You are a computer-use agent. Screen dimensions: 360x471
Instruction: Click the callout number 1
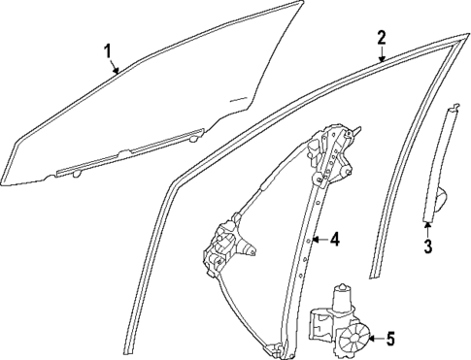tap(108, 49)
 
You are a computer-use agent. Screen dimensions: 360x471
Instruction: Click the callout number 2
tap(382, 39)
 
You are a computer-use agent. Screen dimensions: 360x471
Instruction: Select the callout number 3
tap(427, 245)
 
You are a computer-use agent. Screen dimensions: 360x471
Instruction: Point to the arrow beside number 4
tap(318, 239)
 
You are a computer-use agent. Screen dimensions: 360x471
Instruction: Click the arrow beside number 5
tap(375, 339)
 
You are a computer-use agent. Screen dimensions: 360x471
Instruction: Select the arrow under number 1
tap(116, 67)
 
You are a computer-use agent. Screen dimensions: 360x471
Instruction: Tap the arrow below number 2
tap(381, 58)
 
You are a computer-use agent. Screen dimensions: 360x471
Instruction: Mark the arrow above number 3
tap(428, 227)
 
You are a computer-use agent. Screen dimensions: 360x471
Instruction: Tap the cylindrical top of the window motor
tap(343, 294)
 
